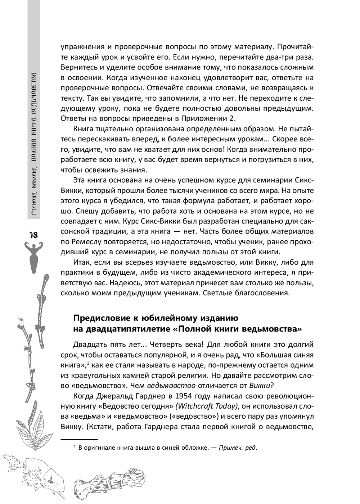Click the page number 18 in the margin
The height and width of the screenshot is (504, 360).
coord(33,235)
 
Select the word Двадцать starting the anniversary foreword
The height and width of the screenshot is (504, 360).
coord(89,345)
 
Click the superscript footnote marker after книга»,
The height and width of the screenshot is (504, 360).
coord(88,363)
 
